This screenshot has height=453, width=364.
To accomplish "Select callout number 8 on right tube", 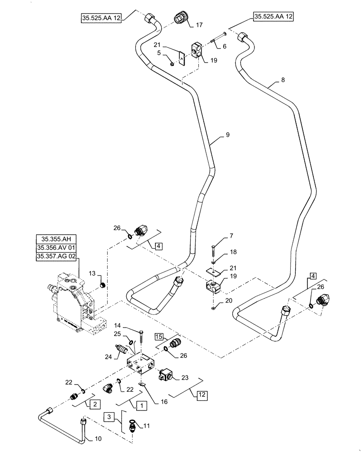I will [283, 81].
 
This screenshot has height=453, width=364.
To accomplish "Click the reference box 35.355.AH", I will [56, 239].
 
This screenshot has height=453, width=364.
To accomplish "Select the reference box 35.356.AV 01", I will [56, 248].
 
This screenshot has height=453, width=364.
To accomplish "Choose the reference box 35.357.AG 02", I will [56, 257].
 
